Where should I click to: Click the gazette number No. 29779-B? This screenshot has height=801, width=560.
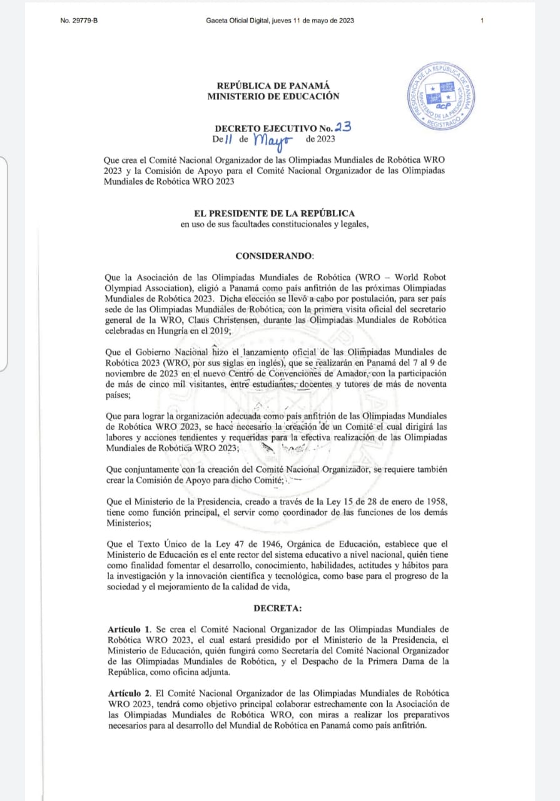(79, 21)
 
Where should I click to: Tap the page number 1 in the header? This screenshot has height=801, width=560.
(482, 21)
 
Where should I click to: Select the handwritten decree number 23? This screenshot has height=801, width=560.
(343, 126)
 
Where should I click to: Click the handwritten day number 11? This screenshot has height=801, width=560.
(228, 140)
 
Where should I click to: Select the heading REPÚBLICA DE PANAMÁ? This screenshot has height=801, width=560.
(273, 86)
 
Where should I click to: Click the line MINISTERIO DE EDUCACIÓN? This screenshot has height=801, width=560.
(273, 96)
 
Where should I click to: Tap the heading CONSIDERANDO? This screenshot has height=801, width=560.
(275, 256)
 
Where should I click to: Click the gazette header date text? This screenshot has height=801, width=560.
(280, 21)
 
